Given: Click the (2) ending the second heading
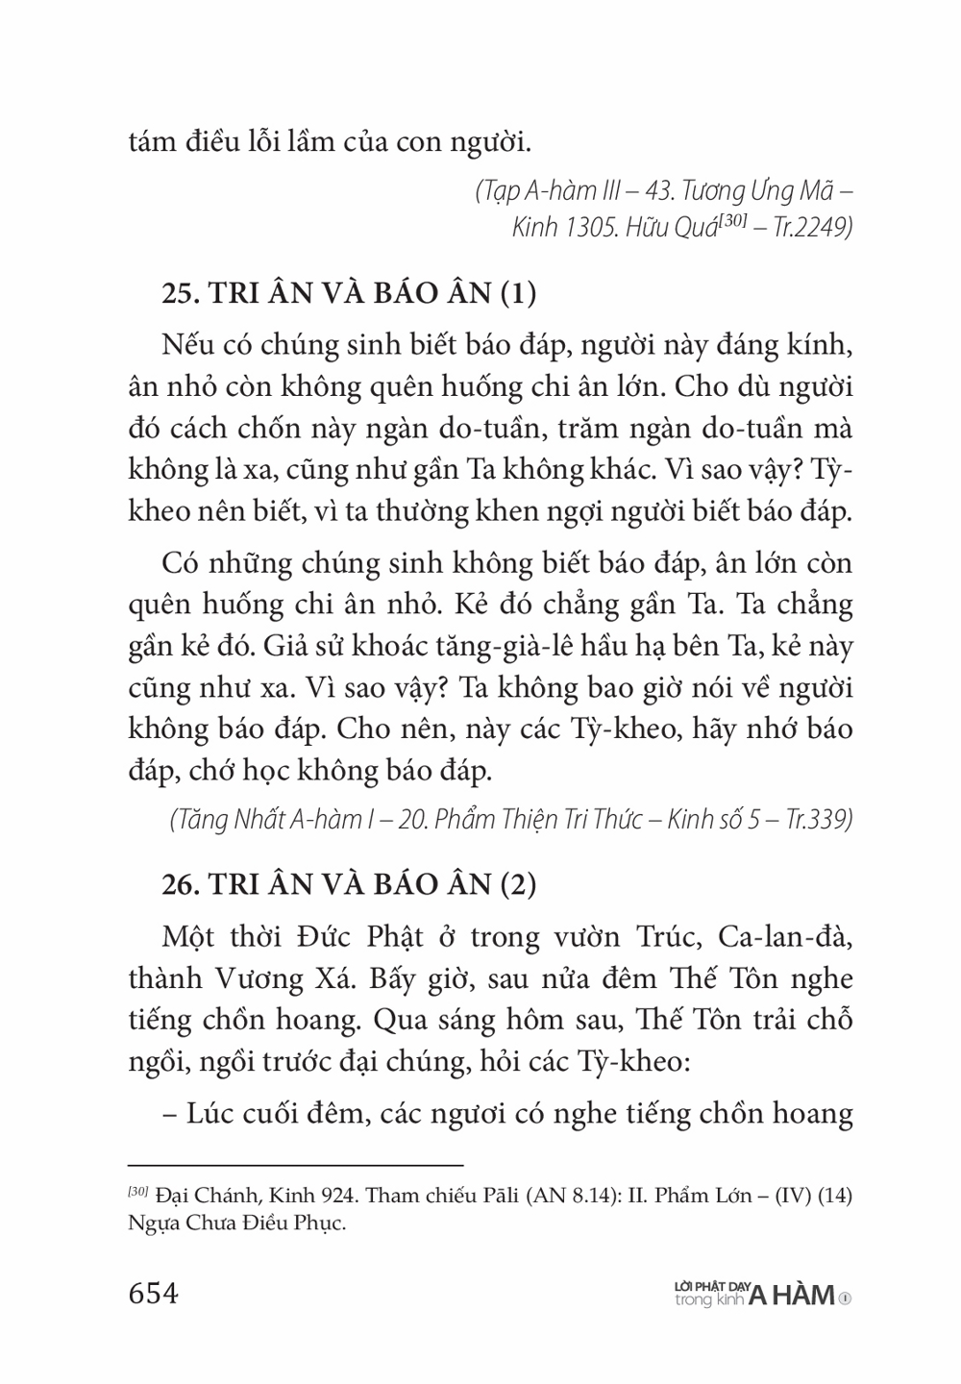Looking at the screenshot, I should pos(518,883).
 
